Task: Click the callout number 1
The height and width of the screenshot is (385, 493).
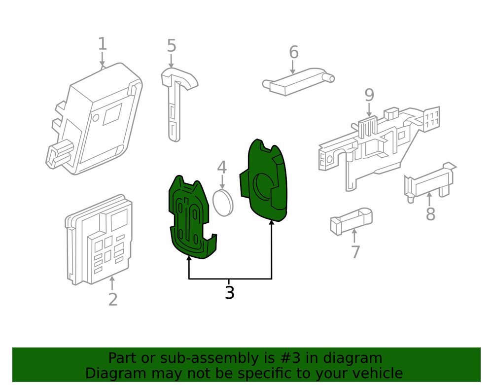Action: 102,44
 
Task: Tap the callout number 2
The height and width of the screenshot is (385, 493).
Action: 113,299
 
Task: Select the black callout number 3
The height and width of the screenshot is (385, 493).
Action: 230,292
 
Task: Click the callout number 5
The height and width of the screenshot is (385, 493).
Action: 171,46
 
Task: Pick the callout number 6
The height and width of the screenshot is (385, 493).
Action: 293,52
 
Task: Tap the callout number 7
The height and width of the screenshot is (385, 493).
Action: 355,252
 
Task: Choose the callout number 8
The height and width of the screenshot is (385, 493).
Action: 430,214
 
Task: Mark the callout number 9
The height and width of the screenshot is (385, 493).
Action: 369,95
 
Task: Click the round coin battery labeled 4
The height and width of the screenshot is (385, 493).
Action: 222,202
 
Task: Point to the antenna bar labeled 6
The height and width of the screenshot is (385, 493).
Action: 298,81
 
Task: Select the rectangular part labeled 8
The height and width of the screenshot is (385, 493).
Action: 428,182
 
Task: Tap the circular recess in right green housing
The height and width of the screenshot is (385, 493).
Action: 263,187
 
